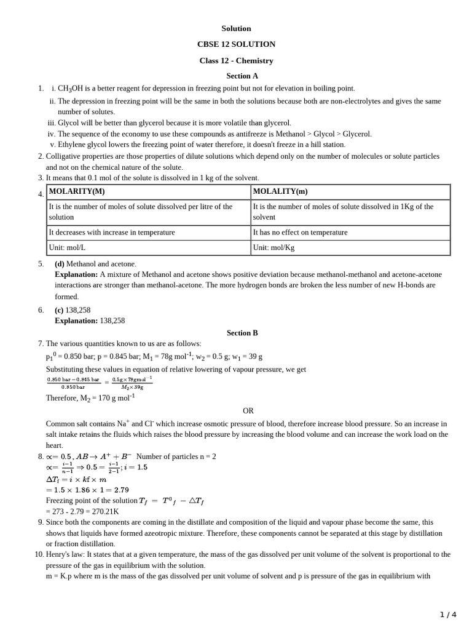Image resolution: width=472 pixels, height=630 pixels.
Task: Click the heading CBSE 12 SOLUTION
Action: click(x=236, y=44)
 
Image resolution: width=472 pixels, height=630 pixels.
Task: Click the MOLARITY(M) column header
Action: click(x=77, y=191)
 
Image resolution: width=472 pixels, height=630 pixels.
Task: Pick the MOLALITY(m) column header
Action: click(x=280, y=191)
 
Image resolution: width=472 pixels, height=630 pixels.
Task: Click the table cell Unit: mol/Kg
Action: click(x=274, y=248)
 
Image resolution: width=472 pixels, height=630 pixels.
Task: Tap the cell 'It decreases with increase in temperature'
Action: click(x=111, y=233)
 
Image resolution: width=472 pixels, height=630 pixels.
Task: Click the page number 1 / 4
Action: click(x=448, y=614)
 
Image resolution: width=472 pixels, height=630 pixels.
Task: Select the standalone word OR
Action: click(x=248, y=411)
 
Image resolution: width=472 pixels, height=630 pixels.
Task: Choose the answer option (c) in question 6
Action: click(x=60, y=311)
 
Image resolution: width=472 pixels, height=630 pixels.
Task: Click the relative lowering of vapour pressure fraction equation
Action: click(x=100, y=384)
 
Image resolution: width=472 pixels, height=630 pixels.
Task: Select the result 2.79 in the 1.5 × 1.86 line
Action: click(x=121, y=490)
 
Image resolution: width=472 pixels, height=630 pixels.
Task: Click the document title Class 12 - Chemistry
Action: click(x=236, y=61)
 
